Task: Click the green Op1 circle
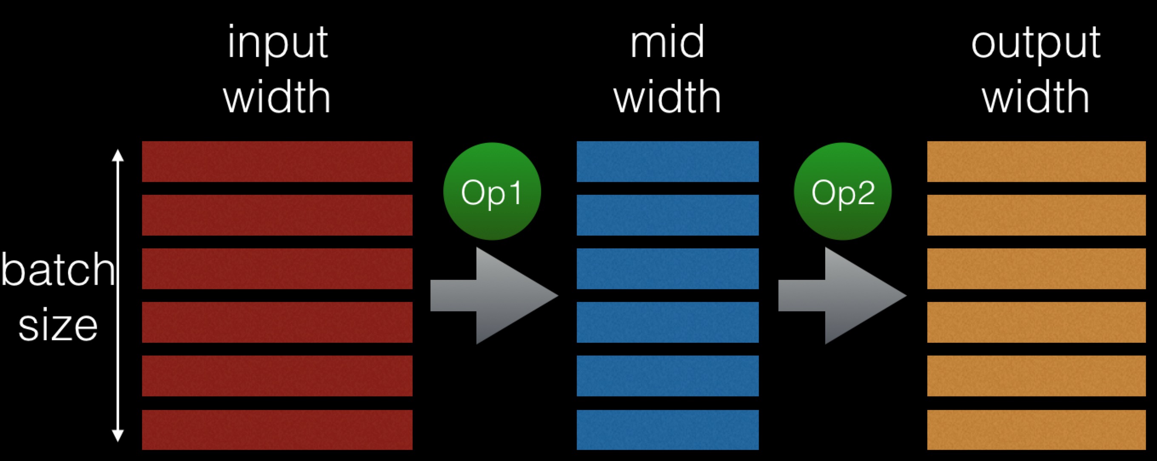click(x=492, y=191)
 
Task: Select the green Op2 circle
click(x=843, y=191)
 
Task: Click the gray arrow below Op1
click(x=494, y=296)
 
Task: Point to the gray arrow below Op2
click(x=843, y=296)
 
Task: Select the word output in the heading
click(x=1036, y=44)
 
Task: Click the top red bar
click(x=277, y=162)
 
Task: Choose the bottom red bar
click(x=277, y=430)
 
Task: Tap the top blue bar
click(x=667, y=162)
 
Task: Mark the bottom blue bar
click(x=667, y=430)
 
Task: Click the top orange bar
click(x=1037, y=162)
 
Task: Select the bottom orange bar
click(x=1037, y=430)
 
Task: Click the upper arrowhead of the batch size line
click(x=118, y=155)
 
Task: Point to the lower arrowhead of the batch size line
click(x=118, y=436)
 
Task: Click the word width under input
click(x=277, y=96)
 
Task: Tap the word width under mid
click(x=667, y=96)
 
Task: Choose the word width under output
click(x=1036, y=96)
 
